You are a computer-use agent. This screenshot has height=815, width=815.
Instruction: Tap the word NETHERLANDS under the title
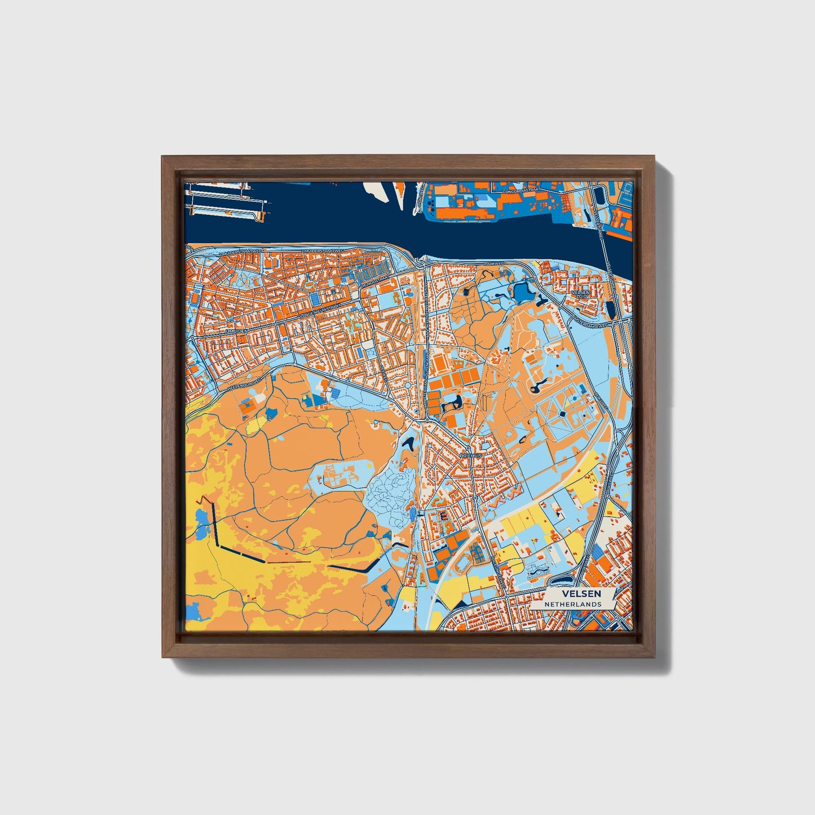[x=572, y=604]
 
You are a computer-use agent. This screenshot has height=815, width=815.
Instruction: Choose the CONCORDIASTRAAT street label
[x=519, y=191]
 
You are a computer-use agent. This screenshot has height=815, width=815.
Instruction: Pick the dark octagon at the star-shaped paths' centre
[x=562, y=415]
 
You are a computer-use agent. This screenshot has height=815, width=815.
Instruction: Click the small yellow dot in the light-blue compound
[x=369, y=466]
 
